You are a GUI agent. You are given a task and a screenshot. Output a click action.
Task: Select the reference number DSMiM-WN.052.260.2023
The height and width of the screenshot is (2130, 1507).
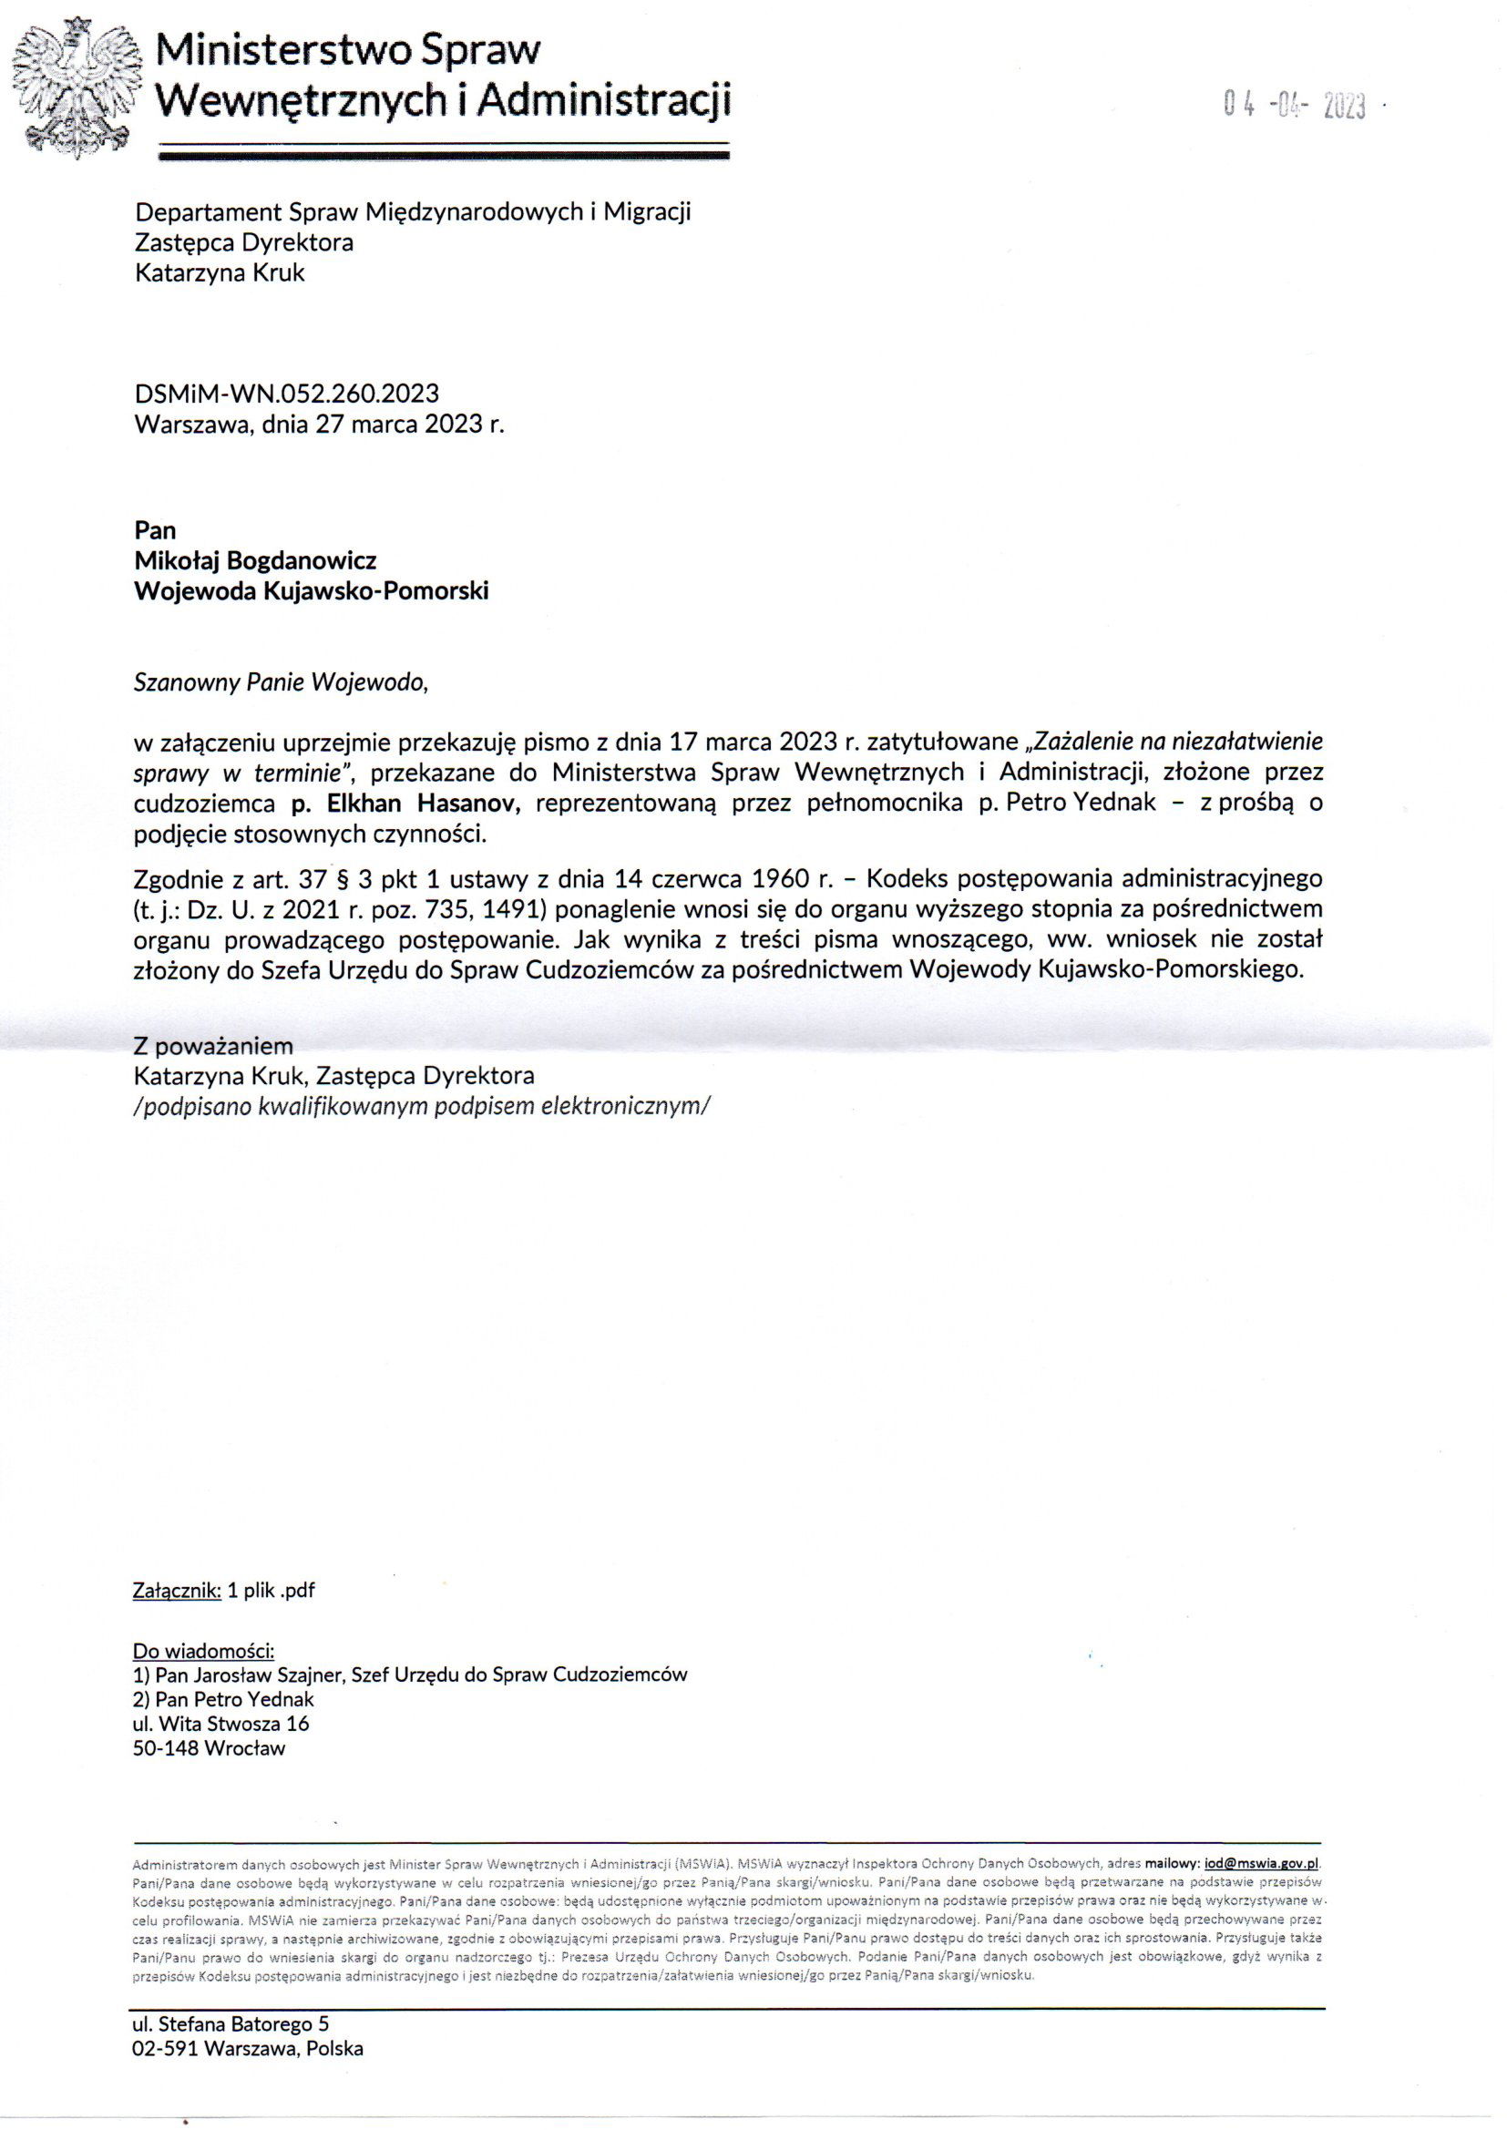coord(287,394)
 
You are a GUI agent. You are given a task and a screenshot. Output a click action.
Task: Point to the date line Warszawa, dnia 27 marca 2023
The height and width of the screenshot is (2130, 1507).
coord(319,425)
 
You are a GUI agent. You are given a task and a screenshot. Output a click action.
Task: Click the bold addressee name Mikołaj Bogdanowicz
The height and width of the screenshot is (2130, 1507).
coord(255,560)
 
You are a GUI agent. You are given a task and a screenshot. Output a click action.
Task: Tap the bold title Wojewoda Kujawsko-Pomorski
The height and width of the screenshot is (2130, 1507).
coord(311,591)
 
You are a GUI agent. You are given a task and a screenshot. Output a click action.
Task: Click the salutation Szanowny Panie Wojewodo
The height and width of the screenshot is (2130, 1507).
coord(282,682)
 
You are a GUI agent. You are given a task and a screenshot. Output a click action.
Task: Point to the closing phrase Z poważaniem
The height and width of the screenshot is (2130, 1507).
coord(213,1046)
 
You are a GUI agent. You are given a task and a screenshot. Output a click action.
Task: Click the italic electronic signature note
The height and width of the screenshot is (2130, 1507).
coord(422,1107)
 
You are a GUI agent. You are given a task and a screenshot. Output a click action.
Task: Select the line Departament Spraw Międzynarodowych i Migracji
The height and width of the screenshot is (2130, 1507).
coord(413,212)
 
